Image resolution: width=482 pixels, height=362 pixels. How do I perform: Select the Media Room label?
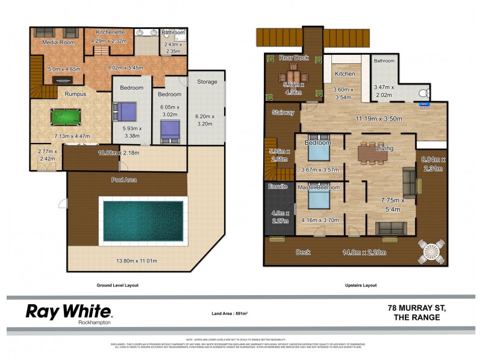pos(57,43)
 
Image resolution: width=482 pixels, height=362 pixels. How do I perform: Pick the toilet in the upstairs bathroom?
pos(425,94)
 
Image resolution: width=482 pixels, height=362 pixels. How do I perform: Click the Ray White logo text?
pos(68,311)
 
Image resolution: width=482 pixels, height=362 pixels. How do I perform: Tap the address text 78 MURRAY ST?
pos(415,307)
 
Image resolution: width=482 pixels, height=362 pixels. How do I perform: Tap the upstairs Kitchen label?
pos(345,74)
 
